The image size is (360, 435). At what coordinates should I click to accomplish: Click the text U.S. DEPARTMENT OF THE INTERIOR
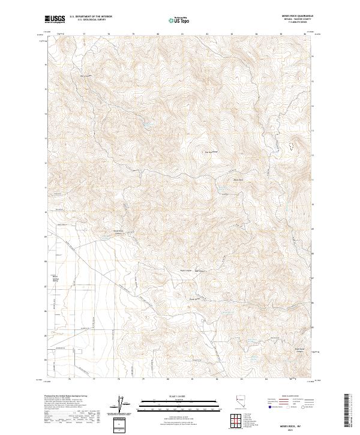[x=91, y=17]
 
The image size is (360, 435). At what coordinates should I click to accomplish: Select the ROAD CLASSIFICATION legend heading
[x=287, y=397]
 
